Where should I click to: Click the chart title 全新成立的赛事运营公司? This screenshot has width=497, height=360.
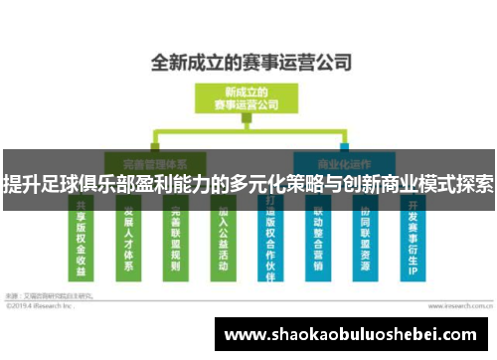(250, 64)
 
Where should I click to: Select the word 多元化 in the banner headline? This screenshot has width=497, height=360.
(248, 184)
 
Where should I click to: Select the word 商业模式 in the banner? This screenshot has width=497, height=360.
(408, 184)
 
